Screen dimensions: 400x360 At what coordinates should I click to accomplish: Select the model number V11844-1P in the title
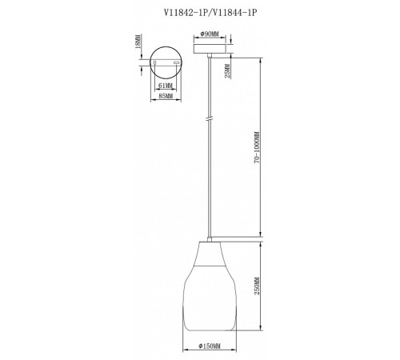coord(234,13)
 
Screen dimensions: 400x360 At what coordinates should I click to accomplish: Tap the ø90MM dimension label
coord(210,34)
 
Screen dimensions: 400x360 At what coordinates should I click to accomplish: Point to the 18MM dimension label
coord(138,41)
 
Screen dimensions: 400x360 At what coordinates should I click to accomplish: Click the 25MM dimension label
coord(227,71)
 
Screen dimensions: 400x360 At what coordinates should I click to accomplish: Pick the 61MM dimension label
coord(166,86)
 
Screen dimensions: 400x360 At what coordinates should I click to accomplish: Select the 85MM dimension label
coord(166,96)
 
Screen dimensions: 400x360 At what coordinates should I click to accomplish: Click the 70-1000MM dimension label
coord(257,147)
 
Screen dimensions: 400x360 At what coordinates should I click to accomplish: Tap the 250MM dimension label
coord(257,286)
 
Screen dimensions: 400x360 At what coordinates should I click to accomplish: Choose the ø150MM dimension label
coord(210,346)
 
